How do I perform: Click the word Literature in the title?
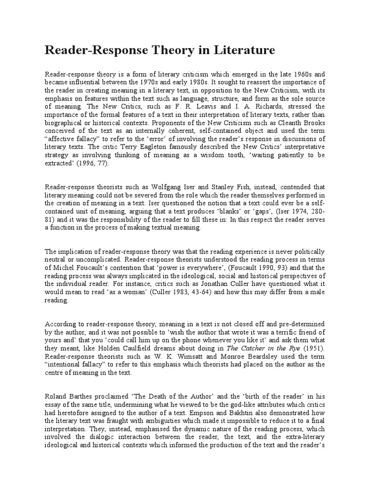click(x=238, y=50)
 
